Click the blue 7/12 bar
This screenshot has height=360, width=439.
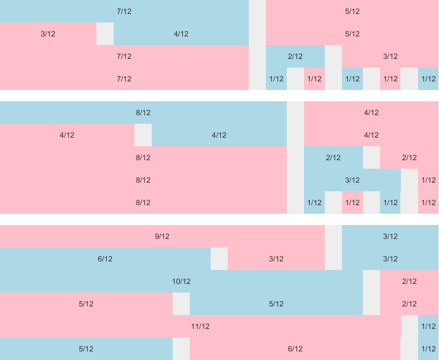pyautogui.click(x=124, y=11)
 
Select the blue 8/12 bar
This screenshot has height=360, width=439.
pyautogui.click(x=143, y=112)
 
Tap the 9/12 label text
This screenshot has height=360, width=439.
pyautogui.click(x=162, y=236)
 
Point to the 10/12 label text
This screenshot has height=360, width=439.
pyautogui.click(x=181, y=281)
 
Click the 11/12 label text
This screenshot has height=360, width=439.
pyautogui.click(x=200, y=326)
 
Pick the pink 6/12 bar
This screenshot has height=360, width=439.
pyautogui.click(x=295, y=349)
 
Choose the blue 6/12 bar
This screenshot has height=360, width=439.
pyautogui.click(x=105, y=259)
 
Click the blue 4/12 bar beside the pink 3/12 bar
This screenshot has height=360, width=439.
pyautogui.click(x=181, y=34)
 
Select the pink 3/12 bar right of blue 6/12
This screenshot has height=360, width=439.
pyautogui.click(x=276, y=259)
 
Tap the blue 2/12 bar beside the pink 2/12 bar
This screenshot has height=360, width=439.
pyautogui.click(x=333, y=157)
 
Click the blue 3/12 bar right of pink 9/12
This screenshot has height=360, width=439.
pyautogui.click(x=390, y=236)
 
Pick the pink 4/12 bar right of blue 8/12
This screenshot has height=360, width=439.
pyautogui.click(x=371, y=112)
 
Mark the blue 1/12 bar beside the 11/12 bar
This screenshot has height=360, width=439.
pyautogui.click(x=428, y=326)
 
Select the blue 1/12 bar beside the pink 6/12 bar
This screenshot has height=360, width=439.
pyautogui.click(x=428, y=349)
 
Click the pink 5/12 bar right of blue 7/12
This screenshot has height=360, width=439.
pyautogui.click(x=352, y=11)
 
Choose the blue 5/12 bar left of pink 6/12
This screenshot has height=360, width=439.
pyautogui.click(x=86, y=349)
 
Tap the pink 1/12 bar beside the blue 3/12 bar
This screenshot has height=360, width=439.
pyautogui.click(x=428, y=180)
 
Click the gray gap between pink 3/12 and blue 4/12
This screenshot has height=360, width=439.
pyautogui.click(x=105, y=34)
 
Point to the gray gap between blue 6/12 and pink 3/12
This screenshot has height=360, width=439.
pyautogui.click(x=219, y=259)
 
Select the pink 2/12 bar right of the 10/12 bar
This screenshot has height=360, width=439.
pyautogui.click(x=409, y=281)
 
